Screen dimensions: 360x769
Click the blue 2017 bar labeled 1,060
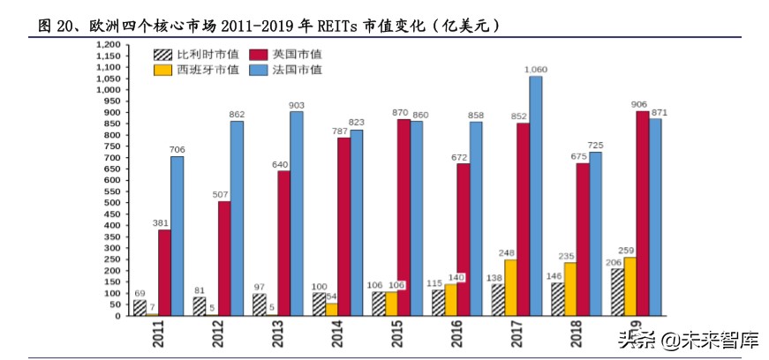point(536,195)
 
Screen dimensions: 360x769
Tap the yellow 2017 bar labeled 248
point(510,287)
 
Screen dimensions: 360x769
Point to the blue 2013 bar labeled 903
point(296,213)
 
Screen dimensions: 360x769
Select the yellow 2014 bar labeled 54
point(331,309)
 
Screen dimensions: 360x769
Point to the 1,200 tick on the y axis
point(106,44)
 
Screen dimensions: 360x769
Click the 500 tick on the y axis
point(109,202)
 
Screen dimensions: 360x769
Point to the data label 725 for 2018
point(596,145)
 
